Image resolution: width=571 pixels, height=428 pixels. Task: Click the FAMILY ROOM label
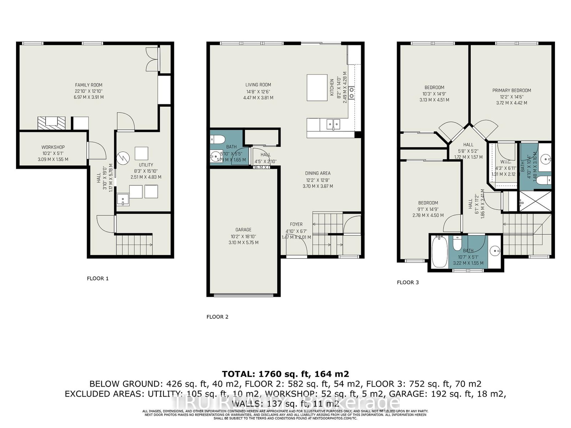tap(89, 85)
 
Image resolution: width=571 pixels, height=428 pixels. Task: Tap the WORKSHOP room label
tap(53, 147)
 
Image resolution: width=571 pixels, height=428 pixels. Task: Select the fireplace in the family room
tap(51, 123)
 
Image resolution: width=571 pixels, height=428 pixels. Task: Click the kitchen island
tap(317, 88)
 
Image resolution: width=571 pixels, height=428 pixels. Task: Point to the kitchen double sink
tap(333, 124)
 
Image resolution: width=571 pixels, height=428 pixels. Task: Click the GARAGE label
tap(243, 230)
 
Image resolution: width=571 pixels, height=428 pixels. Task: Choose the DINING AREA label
tap(318, 173)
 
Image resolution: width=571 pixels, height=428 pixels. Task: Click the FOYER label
tap(296, 224)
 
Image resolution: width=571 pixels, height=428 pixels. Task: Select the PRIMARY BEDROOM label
tap(511, 91)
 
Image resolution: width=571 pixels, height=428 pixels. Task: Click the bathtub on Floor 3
tap(439, 253)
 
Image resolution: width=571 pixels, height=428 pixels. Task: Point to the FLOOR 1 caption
tap(98, 278)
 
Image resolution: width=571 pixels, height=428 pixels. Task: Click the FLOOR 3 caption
tap(408, 282)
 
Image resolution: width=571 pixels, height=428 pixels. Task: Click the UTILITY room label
tap(146, 165)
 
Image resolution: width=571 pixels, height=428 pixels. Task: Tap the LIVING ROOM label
tap(258, 85)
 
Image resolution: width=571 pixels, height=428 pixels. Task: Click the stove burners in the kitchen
tap(352, 93)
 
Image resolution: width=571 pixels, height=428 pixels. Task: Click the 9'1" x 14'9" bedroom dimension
tap(428, 209)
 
